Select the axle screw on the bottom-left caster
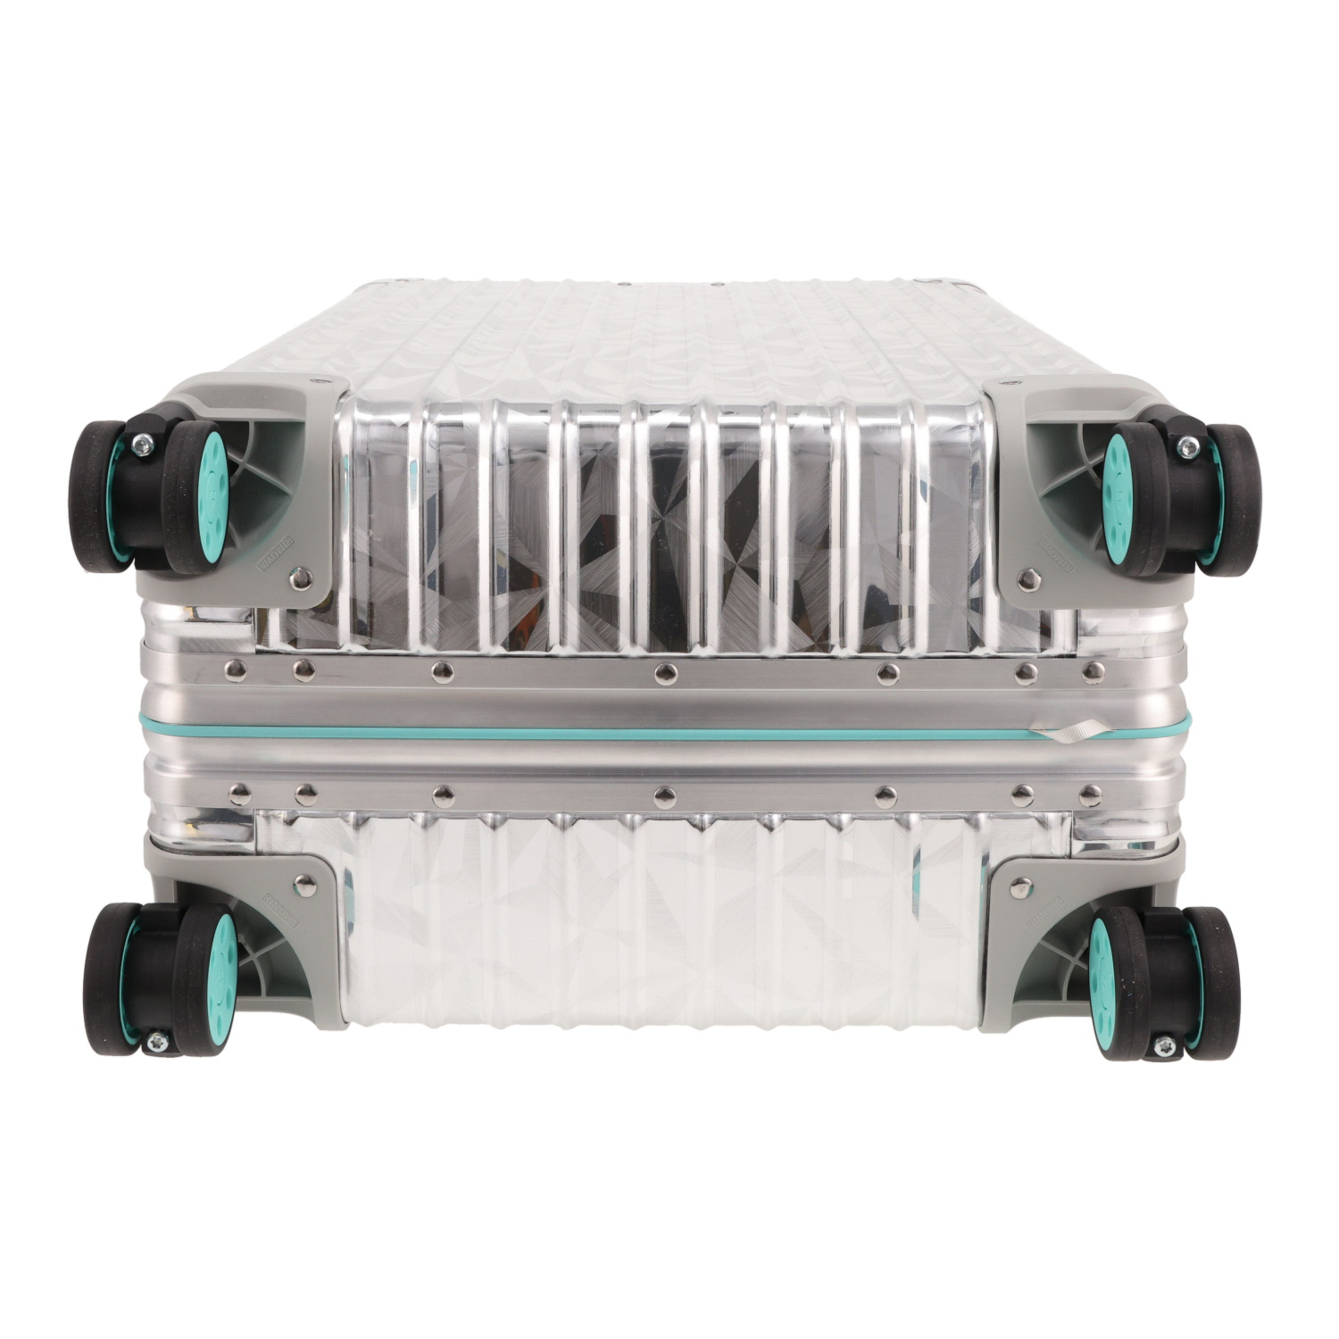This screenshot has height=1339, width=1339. pos(158,1038)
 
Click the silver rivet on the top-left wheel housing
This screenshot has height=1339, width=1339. pos(307,578)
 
